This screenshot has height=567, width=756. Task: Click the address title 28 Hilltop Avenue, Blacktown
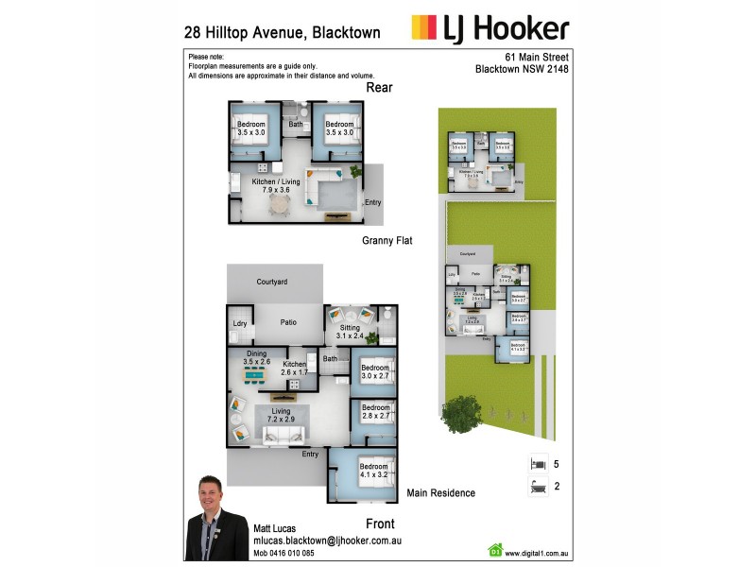click(x=282, y=32)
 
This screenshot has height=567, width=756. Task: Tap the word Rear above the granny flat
click(x=379, y=88)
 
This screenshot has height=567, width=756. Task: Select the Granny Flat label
click(x=387, y=241)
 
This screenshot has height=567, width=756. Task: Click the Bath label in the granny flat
click(x=296, y=124)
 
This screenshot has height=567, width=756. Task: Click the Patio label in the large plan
click(x=288, y=322)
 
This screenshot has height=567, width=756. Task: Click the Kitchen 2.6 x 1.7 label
click(x=295, y=369)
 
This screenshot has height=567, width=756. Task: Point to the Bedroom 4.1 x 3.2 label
click(x=374, y=471)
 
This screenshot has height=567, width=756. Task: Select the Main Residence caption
click(x=439, y=493)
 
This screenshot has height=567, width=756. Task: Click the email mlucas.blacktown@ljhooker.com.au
click(x=328, y=541)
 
